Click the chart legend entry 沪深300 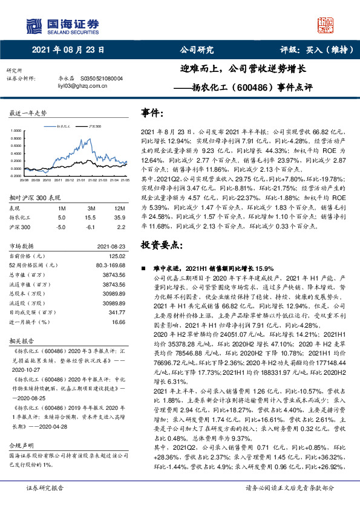[94, 128]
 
